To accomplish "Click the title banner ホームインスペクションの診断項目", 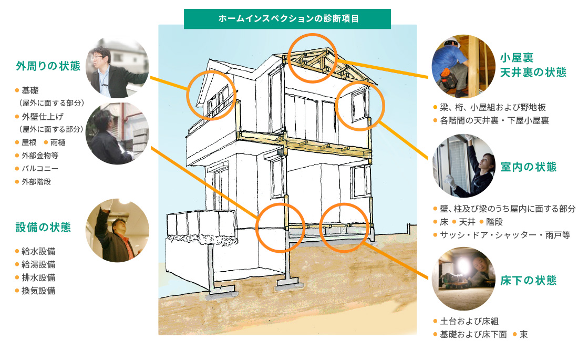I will pyautogui.click(x=287, y=19).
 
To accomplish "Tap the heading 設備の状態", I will pyautogui.click(x=43, y=227).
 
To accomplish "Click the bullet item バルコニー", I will pyautogui.click(x=39, y=169).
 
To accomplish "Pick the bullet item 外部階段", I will pyautogui.click(x=36, y=182).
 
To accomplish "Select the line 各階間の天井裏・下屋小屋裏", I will pyautogui.click(x=494, y=121).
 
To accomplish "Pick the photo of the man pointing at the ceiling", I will pyautogui.click(x=118, y=231).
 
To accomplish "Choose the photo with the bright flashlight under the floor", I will pyautogui.click(x=463, y=279).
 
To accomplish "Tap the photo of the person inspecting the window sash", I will pyautogui.click(x=463, y=166).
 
